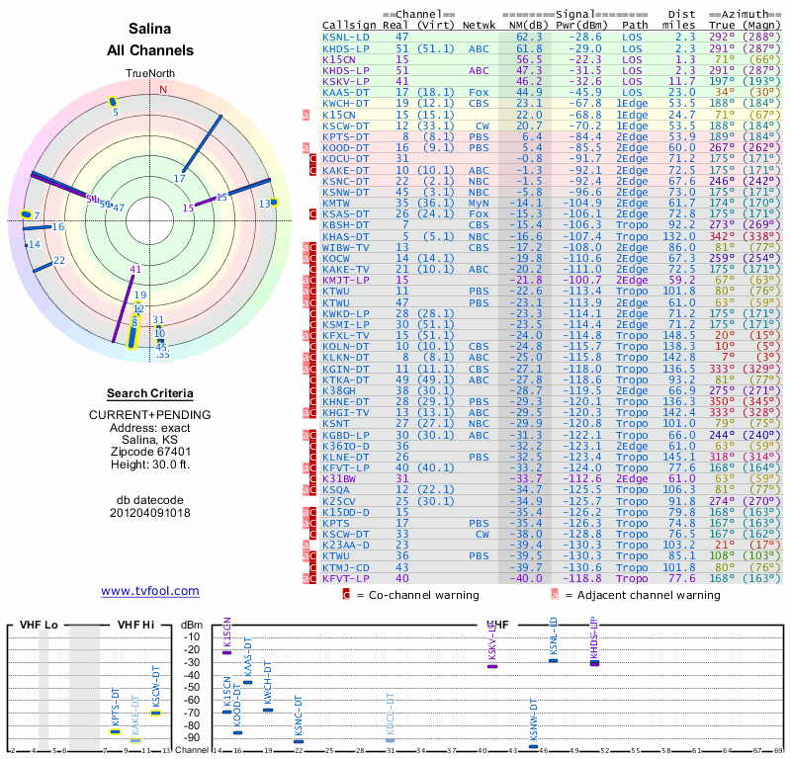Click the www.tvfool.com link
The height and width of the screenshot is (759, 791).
149,591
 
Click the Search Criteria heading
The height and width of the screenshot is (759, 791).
149,393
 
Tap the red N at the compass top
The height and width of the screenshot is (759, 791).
164,90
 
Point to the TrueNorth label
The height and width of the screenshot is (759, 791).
149,74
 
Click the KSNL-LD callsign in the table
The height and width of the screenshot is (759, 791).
346,36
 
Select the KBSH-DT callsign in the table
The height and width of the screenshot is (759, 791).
346,225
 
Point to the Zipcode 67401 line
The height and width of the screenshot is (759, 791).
149,452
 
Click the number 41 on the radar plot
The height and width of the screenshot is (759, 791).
134,269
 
